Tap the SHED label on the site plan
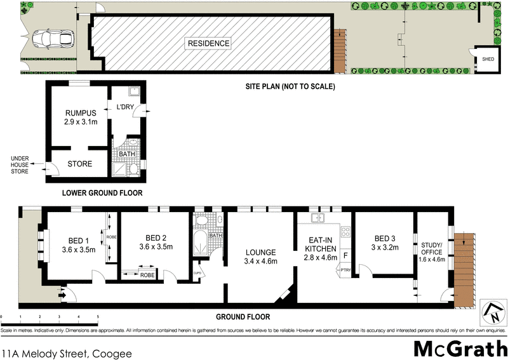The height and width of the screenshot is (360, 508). coord(488,59)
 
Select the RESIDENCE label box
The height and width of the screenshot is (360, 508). coord(208,44)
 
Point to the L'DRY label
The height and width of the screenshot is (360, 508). coord(124,107)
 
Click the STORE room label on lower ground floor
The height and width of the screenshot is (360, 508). coord(79,164)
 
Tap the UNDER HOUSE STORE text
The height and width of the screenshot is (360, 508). coord(21,165)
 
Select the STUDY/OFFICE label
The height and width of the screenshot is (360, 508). coord(432,248)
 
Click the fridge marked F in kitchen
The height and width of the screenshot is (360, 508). coord(345,256)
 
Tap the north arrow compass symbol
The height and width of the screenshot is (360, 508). coord(491,311)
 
